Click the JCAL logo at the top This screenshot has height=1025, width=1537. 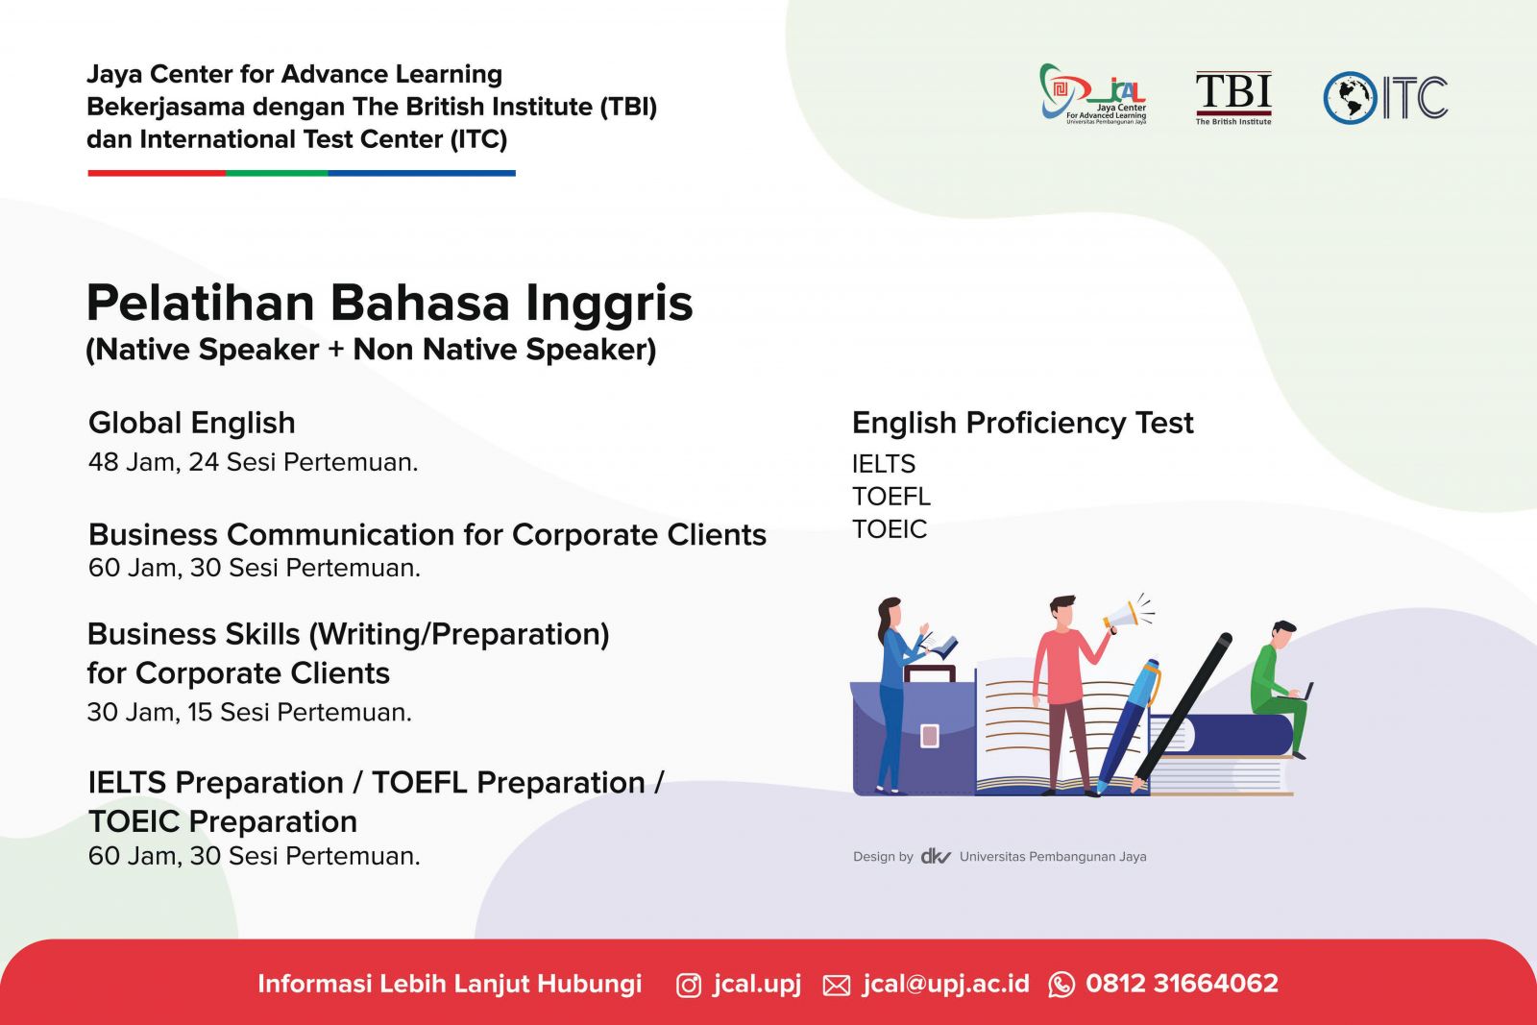click(x=1092, y=94)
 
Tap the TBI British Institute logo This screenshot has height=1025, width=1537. click(x=1233, y=97)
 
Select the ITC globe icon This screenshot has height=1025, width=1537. click(x=1350, y=98)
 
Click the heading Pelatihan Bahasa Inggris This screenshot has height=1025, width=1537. click(x=390, y=304)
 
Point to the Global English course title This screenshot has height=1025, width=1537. click(x=191, y=423)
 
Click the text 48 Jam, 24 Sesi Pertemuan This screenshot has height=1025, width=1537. click(x=254, y=462)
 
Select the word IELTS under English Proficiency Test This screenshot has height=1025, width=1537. click(x=883, y=465)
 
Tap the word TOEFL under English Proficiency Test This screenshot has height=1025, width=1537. click(x=890, y=497)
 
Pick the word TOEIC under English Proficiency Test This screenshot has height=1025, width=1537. click(x=890, y=529)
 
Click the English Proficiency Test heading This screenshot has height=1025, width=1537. click(x=1022, y=423)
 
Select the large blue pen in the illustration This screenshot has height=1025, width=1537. click(x=1128, y=726)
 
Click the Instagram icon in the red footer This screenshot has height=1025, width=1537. click(x=688, y=986)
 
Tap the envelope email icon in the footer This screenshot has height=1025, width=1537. click(x=836, y=986)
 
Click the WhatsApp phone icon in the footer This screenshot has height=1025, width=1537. click(x=1061, y=986)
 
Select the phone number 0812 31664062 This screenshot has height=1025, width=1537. click(x=1182, y=984)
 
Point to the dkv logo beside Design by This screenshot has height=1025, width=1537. click(x=936, y=856)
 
